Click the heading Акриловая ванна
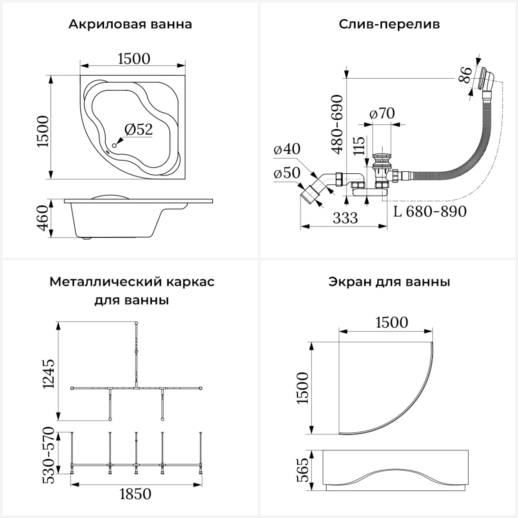click(x=130, y=25)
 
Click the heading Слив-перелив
click(x=389, y=25)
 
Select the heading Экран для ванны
click(x=389, y=282)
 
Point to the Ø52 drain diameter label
click(x=138, y=129)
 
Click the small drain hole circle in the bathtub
click(x=114, y=145)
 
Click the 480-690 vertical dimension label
click(x=337, y=124)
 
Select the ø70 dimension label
click(x=382, y=113)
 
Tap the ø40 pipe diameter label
click(x=287, y=149)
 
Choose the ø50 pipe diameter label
click(x=287, y=173)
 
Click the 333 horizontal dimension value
click(x=345, y=218)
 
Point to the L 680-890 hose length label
click(x=430, y=211)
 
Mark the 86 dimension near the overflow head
click(x=465, y=75)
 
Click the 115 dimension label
click(x=359, y=146)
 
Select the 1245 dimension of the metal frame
click(x=48, y=374)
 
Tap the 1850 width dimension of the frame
click(x=135, y=494)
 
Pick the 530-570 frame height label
click(x=48, y=455)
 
